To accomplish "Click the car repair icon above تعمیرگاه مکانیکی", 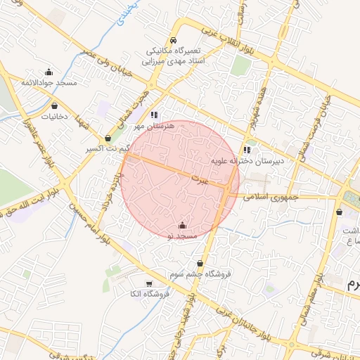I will tap(174, 41).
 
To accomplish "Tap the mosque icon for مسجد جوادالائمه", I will tap(49, 72).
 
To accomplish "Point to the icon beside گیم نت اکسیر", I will tap(107, 139).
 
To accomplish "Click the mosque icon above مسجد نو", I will tap(183, 225).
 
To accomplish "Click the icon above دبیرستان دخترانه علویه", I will tap(247, 149).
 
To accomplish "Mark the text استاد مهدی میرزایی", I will tap(173, 61).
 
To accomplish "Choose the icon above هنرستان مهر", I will tap(154, 115).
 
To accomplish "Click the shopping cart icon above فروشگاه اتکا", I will tap(148, 283).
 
